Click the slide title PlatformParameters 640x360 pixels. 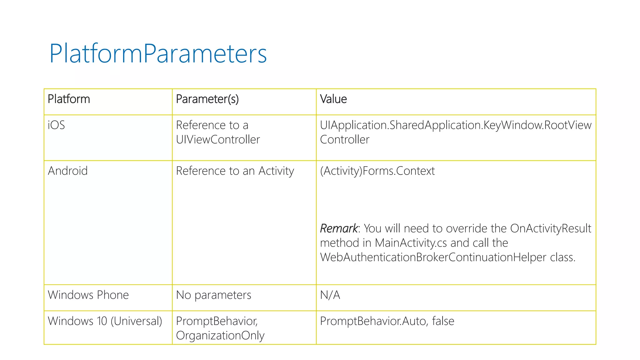[x=158, y=54]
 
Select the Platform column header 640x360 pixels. [x=69, y=99]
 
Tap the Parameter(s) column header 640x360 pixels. [x=207, y=99]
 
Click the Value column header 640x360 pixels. [x=333, y=99]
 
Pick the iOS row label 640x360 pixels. [x=56, y=125]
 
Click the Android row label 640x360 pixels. [x=67, y=171]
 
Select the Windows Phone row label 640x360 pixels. [x=88, y=295]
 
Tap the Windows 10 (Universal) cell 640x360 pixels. [x=105, y=321]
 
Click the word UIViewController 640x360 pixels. [x=218, y=139]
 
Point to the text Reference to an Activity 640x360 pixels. [x=235, y=171]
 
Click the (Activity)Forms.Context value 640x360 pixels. [x=377, y=171]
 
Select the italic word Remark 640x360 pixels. [x=339, y=228]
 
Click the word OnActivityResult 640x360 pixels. [x=550, y=228]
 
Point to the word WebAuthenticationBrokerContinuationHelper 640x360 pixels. [x=433, y=257]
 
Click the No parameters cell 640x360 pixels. [x=213, y=295]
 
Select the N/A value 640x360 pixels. [x=330, y=295]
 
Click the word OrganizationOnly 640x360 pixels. [x=220, y=336]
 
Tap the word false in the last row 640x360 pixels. [x=443, y=321]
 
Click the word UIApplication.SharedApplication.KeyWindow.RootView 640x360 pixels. [x=456, y=125]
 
